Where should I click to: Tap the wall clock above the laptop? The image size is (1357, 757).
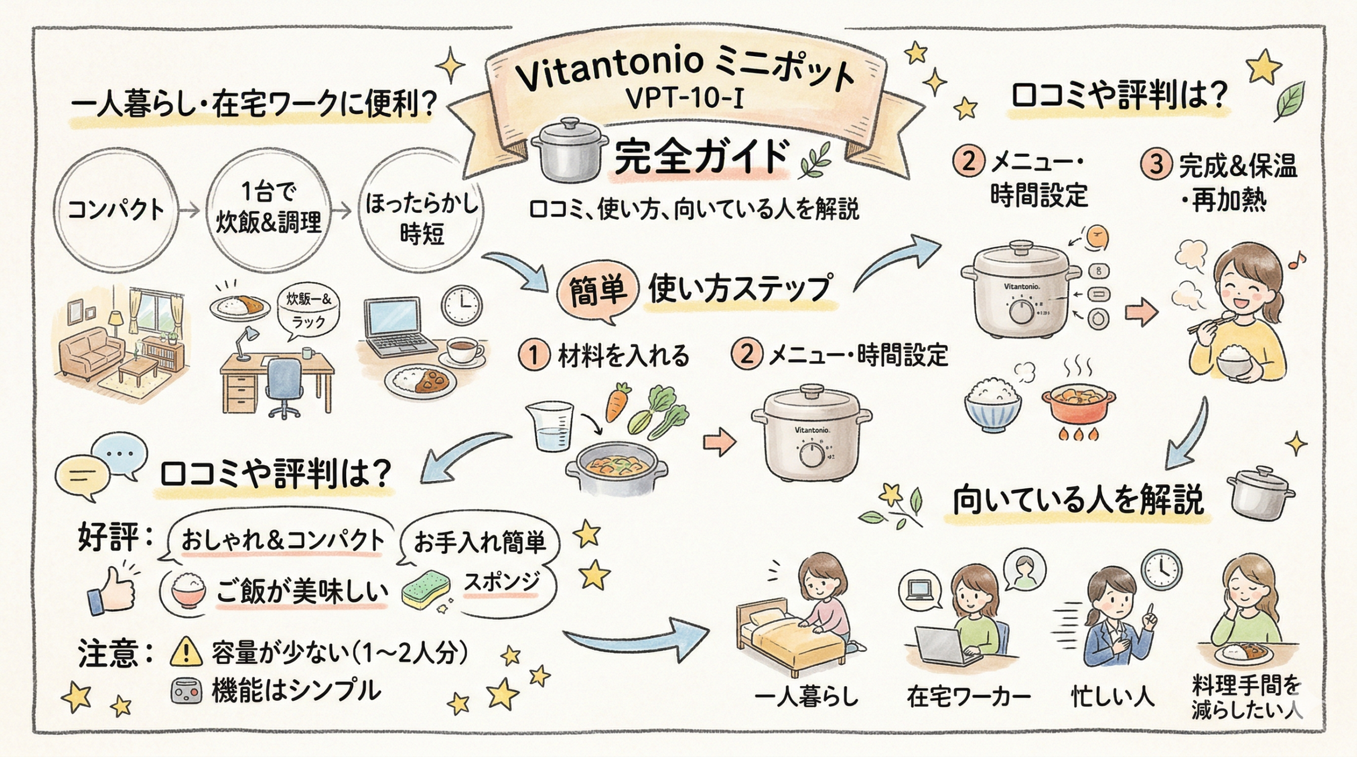coord(462,306)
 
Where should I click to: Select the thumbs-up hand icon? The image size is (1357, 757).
coord(112,591)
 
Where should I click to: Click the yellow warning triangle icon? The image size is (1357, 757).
coord(186,653)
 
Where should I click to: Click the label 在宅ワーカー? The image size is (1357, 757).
coord(968,697)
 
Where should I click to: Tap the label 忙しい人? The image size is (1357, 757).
coord(1113,697)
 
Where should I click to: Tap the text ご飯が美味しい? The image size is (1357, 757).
coord(302,592)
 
